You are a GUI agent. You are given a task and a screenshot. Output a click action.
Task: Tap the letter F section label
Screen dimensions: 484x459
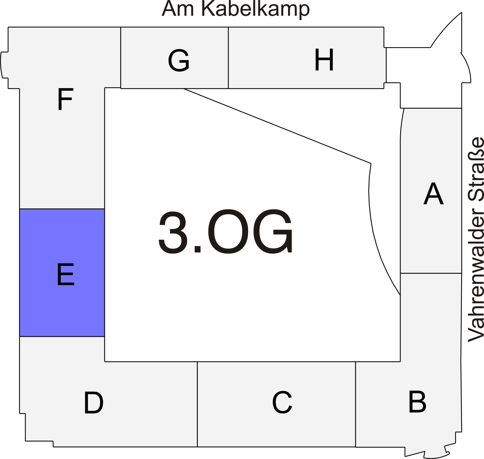66,99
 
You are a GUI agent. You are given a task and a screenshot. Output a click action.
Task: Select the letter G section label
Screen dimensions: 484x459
179,60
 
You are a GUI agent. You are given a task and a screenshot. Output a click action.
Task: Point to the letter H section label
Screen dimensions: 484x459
324,60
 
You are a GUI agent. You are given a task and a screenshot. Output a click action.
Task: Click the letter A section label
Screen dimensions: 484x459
433,193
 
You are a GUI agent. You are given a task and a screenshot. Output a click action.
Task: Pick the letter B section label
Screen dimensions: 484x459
417,402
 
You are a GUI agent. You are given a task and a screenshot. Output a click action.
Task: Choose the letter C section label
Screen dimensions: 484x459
282,402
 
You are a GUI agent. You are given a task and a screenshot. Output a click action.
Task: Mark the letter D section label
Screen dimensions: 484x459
94,402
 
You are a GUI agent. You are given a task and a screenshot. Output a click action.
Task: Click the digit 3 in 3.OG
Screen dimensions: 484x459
173,232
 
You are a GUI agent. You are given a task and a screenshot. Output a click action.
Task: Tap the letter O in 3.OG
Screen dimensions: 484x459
228,232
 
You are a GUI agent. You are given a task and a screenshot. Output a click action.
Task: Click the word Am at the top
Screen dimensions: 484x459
177,9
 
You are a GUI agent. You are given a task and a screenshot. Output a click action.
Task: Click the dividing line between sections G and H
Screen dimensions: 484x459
228,58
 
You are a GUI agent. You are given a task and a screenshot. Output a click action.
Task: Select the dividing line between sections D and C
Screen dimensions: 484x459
197,404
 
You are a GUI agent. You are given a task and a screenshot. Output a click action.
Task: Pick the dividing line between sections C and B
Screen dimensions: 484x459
356,404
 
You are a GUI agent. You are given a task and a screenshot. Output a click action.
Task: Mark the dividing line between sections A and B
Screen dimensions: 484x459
431,273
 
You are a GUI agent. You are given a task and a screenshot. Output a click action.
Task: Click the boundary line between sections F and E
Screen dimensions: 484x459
62,209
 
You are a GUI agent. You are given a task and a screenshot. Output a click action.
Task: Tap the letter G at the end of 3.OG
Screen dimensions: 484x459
273,232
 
